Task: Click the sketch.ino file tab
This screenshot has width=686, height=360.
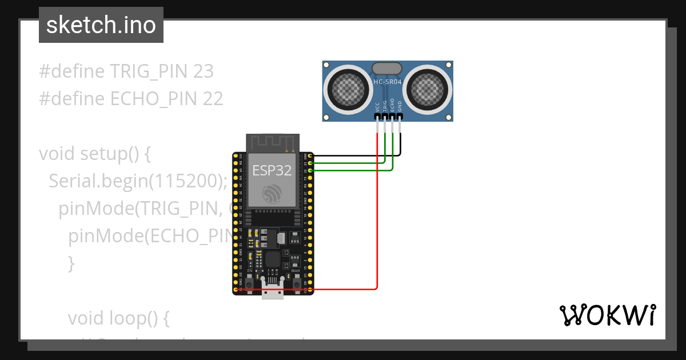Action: (101, 25)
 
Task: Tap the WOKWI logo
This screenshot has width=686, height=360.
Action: (607, 315)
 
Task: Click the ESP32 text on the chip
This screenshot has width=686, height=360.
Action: (272, 170)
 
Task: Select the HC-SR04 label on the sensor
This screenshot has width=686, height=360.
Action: (388, 82)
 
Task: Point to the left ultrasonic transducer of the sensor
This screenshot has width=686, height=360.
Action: (348, 89)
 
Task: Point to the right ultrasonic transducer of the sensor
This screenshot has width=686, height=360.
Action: (428, 89)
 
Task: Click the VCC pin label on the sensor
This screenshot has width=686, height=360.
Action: (377, 106)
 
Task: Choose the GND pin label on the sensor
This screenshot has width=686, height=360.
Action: (400, 106)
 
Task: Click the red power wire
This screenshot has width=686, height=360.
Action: (377, 229)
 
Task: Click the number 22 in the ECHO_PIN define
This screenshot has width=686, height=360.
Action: (213, 99)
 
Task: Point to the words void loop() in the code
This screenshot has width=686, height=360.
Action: (119, 318)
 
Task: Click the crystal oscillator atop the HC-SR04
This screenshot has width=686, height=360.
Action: (388, 69)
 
